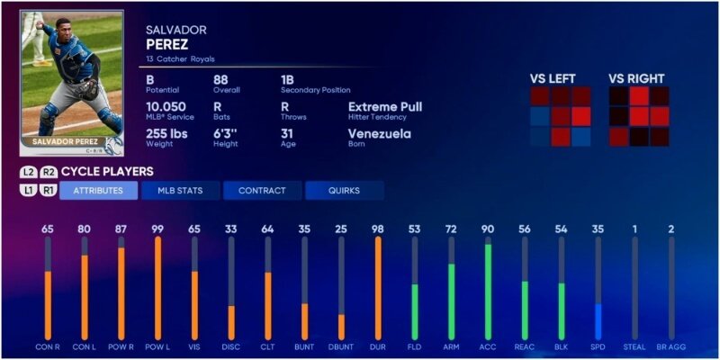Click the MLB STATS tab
pos(180,191)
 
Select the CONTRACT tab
pos(262,191)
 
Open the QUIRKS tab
pos(344,191)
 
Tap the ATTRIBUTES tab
pos(98,191)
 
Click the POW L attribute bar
pos(157,288)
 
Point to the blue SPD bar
pos(598,321)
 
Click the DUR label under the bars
pos(378,346)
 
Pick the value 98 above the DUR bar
pos(378,229)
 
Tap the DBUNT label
pos(341,346)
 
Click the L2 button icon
pos(29,172)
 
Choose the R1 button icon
pos(49,191)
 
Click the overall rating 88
pos(221,78)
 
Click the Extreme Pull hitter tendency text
pos(384,106)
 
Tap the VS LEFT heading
pos(553,78)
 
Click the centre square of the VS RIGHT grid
pos(639,116)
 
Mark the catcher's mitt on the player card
pos(87,90)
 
